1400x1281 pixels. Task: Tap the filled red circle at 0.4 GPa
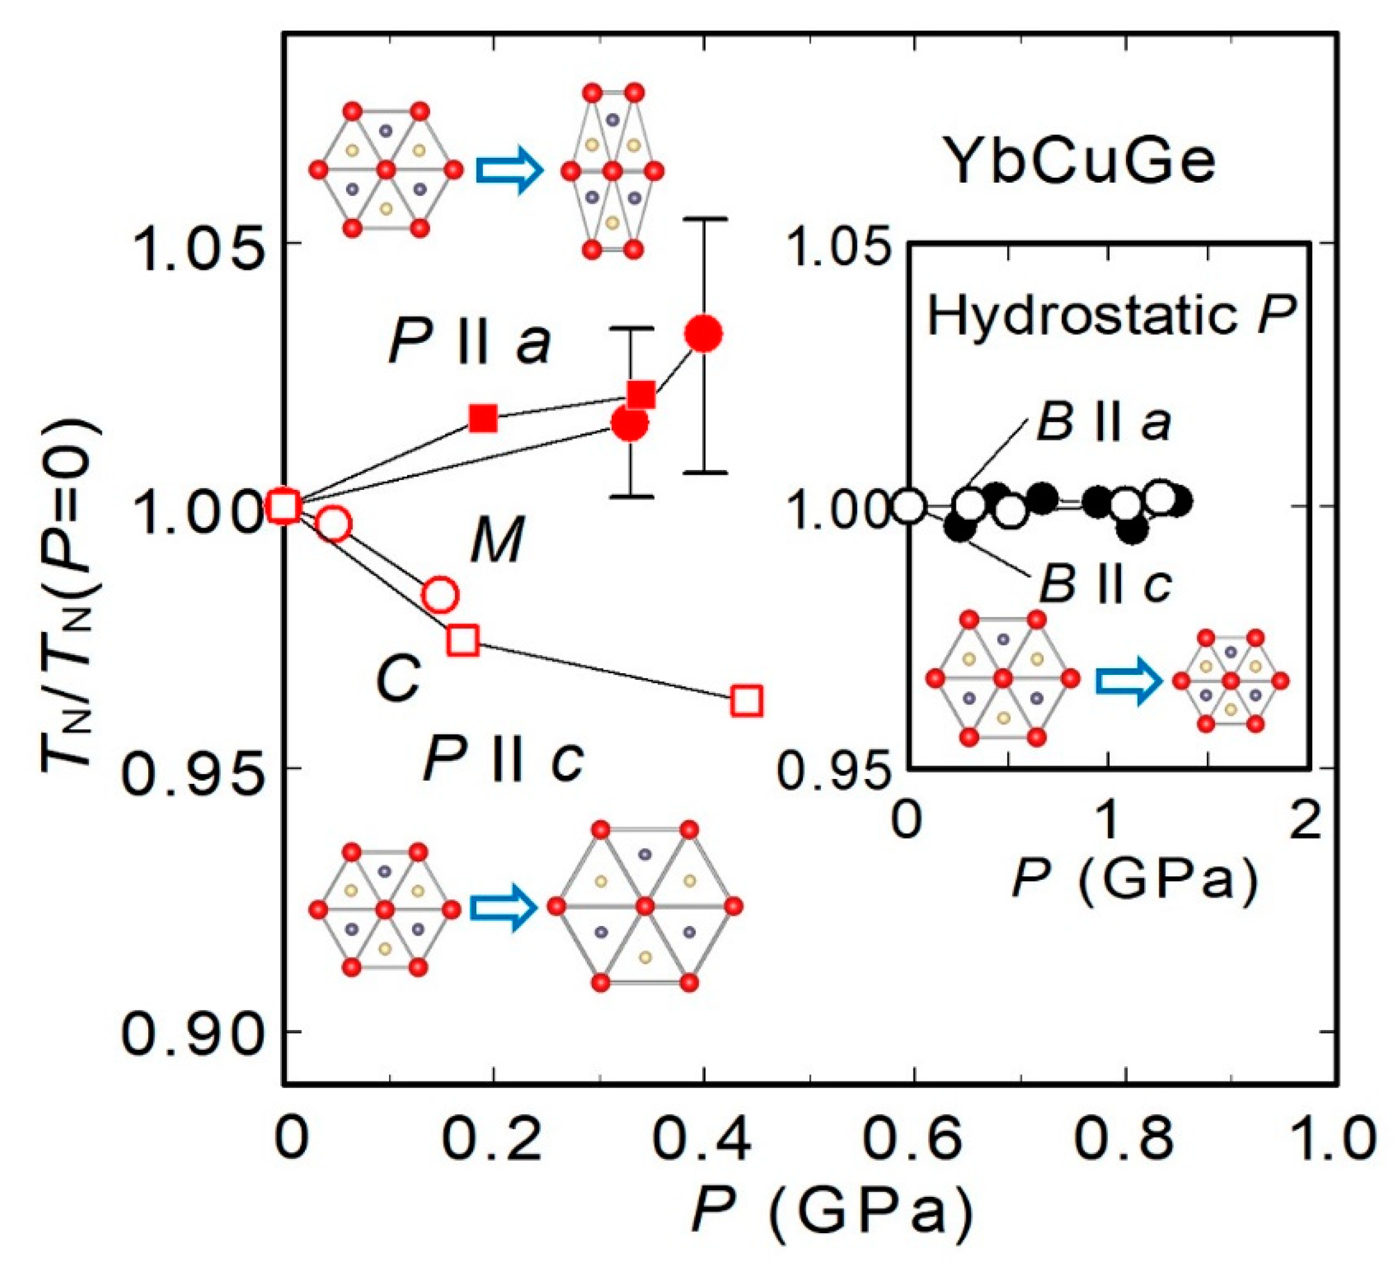point(704,334)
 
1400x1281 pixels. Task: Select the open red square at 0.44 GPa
point(747,700)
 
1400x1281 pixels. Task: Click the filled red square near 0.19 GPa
point(483,418)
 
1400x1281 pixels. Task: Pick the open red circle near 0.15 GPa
point(440,595)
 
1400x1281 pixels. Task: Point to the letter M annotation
point(496,539)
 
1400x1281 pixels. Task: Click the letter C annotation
point(397,679)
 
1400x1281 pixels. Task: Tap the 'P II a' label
point(470,342)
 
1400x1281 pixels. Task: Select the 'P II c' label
point(503,759)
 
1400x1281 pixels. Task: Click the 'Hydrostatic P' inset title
point(1112,316)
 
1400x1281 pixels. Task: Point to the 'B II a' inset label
point(1104,423)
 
